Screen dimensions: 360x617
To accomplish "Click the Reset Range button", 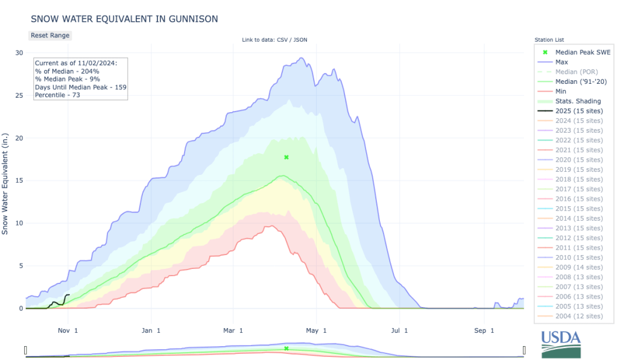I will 50,36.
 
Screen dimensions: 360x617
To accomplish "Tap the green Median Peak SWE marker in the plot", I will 286,157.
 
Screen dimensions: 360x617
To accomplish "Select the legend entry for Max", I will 562,62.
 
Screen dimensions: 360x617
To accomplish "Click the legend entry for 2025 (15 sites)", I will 578,111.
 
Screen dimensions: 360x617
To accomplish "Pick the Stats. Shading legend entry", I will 578,101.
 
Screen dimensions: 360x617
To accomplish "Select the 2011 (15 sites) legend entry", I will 578,247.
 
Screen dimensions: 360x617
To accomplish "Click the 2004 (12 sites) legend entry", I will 578,316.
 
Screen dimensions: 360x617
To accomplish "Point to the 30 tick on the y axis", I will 19,53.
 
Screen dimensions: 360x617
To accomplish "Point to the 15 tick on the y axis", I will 19,181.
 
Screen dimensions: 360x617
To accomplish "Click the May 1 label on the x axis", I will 316,330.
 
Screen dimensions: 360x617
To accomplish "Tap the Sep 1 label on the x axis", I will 484,330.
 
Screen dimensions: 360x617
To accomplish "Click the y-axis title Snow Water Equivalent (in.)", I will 5,181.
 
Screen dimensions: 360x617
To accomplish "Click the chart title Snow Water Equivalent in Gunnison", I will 124,19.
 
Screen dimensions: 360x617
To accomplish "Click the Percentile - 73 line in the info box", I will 57,95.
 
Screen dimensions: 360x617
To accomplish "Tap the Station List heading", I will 549,40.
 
